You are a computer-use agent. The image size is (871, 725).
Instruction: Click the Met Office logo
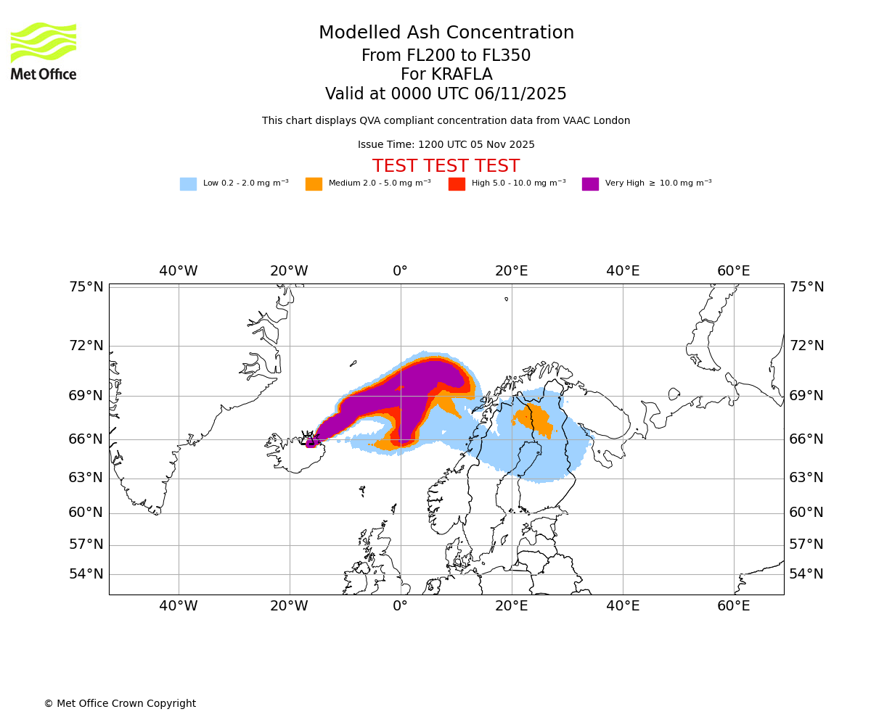[44, 51]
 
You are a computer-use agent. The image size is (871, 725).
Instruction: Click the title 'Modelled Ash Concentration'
[446, 33]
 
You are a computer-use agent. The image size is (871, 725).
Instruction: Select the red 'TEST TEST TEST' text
[446, 166]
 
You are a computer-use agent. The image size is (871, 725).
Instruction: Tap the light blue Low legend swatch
[188, 184]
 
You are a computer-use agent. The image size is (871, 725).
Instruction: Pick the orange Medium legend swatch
[314, 184]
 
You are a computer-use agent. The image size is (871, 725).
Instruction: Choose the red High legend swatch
[457, 184]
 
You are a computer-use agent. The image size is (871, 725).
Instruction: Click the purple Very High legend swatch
[590, 184]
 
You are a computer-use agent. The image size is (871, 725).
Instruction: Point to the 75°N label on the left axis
[86, 287]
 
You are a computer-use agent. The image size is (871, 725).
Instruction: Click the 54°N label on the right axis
[806, 574]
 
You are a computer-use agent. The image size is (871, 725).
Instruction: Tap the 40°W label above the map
[179, 271]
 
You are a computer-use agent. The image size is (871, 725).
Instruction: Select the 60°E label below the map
[734, 606]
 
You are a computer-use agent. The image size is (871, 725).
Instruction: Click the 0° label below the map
[400, 606]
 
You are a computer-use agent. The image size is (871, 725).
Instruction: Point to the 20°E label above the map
[512, 271]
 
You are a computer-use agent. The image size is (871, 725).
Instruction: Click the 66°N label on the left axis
[86, 439]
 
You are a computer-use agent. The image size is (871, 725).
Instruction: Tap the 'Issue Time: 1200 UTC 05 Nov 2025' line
[446, 144]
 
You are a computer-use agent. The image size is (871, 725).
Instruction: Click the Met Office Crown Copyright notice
[120, 703]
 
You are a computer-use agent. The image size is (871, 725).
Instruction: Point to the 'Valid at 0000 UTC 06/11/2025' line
[446, 94]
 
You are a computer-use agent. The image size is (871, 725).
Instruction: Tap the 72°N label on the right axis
[806, 346]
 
